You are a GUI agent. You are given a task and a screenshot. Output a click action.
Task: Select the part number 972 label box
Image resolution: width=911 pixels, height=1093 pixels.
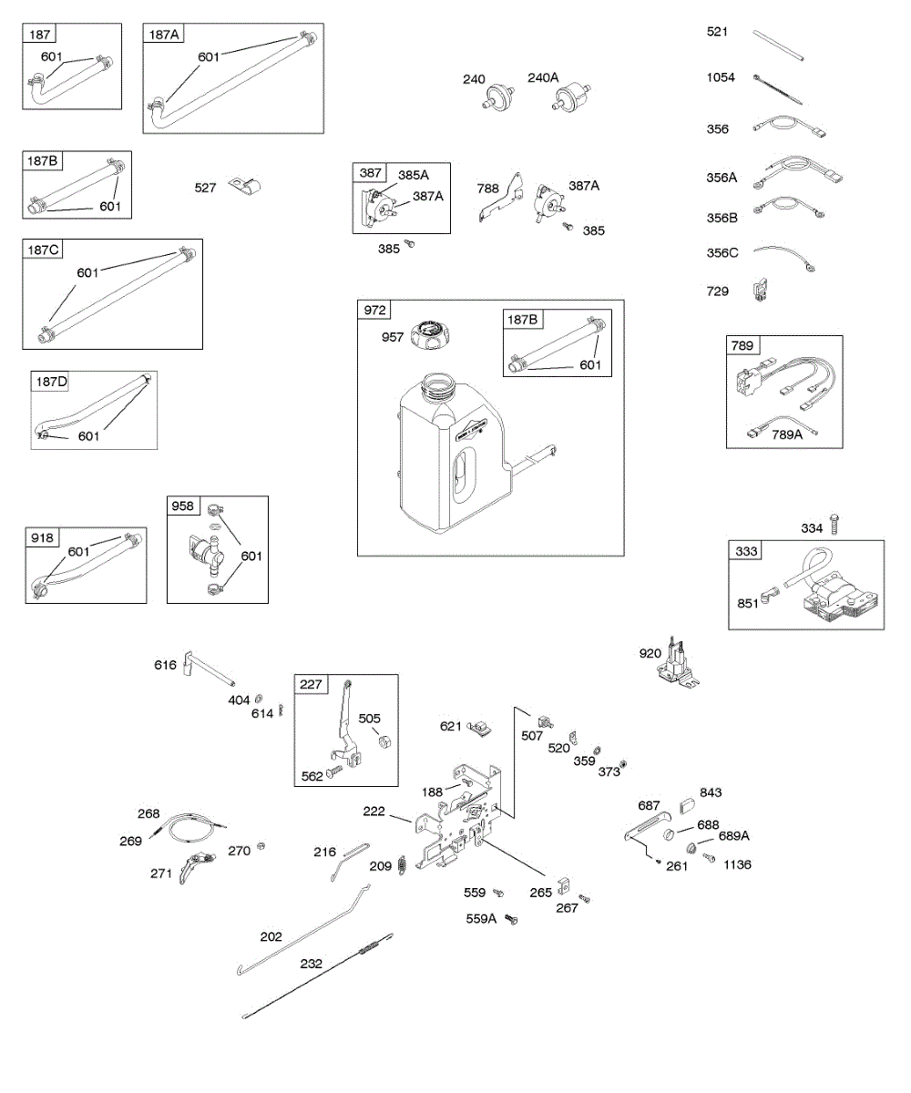pos(374,311)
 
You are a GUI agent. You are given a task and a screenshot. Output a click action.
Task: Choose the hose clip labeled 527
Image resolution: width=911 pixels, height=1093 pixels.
pos(242,187)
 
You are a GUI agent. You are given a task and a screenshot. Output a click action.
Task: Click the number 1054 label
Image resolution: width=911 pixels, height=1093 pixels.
pos(722,77)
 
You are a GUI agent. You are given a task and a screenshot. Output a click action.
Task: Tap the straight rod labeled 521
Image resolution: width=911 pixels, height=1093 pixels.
pos(780,46)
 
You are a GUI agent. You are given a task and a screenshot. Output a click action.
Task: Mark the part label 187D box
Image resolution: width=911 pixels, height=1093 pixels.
pos(51,382)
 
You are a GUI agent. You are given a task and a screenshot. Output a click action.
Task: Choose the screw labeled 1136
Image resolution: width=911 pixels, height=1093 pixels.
pos(711,859)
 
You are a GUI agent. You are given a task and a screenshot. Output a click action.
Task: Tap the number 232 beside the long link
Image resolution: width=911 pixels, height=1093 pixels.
pos(312,963)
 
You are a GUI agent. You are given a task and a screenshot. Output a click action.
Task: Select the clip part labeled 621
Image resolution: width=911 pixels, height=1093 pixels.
pos(481,727)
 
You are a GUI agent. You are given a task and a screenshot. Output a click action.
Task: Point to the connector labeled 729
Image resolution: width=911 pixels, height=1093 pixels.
pos(758,291)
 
